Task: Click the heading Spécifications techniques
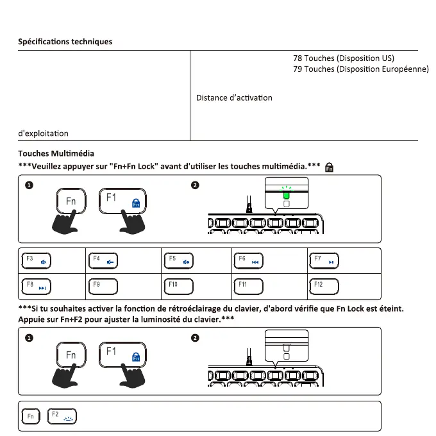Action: [65, 42]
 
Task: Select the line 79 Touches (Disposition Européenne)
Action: [360, 69]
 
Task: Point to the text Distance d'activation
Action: [234, 98]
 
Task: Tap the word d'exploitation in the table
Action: [43, 133]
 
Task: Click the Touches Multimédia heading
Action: [56, 154]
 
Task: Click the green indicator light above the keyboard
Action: [286, 194]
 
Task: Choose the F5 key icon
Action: [179, 261]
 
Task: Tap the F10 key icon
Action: [179, 285]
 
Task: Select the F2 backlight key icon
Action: [62, 417]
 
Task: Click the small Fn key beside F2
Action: [30, 417]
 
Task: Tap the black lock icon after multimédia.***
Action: [330, 167]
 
